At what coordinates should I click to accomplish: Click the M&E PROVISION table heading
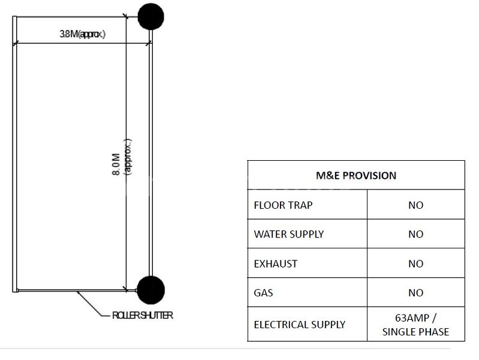click(356, 176)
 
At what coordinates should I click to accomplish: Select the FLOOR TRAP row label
click(283, 205)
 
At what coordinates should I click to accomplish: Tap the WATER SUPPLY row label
click(290, 234)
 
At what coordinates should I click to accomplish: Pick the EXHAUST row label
click(276, 263)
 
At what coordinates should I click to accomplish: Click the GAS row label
click(263, 293)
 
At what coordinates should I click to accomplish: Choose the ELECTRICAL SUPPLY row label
click(299, 325)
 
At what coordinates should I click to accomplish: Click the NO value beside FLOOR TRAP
click(415, 205)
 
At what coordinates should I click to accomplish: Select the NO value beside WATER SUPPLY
click(415, 234)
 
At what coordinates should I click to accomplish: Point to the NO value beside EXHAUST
click(415, 263)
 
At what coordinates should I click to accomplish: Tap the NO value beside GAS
click(415, 293)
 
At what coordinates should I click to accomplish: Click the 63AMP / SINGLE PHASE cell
click(415, 325)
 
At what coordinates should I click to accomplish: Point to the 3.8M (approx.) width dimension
click(82, 34)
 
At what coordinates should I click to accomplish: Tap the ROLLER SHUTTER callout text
click(143, 316)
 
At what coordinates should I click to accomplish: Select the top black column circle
click(150, 16)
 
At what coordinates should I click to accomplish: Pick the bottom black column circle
click(150, 290)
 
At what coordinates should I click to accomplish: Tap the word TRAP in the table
click(300, 205)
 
